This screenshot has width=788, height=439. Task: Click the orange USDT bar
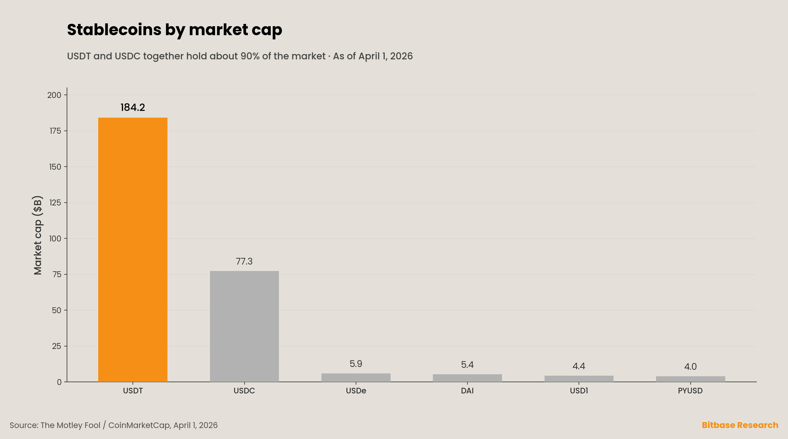click(133, 250)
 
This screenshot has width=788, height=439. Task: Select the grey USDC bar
click(244, 326)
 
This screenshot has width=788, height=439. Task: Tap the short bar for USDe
click(356, 377)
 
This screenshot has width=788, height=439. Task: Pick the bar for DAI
click(467, 378)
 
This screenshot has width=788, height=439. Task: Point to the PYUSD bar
click(690, 379)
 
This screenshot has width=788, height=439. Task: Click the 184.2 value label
click(133, 107)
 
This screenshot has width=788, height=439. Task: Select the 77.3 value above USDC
click(244, 261)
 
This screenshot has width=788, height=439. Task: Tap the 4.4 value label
click(579, 366)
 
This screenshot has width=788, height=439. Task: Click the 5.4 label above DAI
click(467, 364)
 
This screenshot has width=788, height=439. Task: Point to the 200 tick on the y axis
click(54, 95)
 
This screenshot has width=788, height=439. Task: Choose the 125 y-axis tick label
click(55, 203)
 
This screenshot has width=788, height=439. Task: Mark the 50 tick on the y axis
click(57, 310)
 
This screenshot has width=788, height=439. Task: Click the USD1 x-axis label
click(579, 391)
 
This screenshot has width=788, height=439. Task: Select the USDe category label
click(356, 391)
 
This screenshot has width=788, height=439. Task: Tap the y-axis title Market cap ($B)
click(38, 235)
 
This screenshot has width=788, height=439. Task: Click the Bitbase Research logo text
click(740, 425)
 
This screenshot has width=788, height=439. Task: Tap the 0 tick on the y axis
click(59, 382)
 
